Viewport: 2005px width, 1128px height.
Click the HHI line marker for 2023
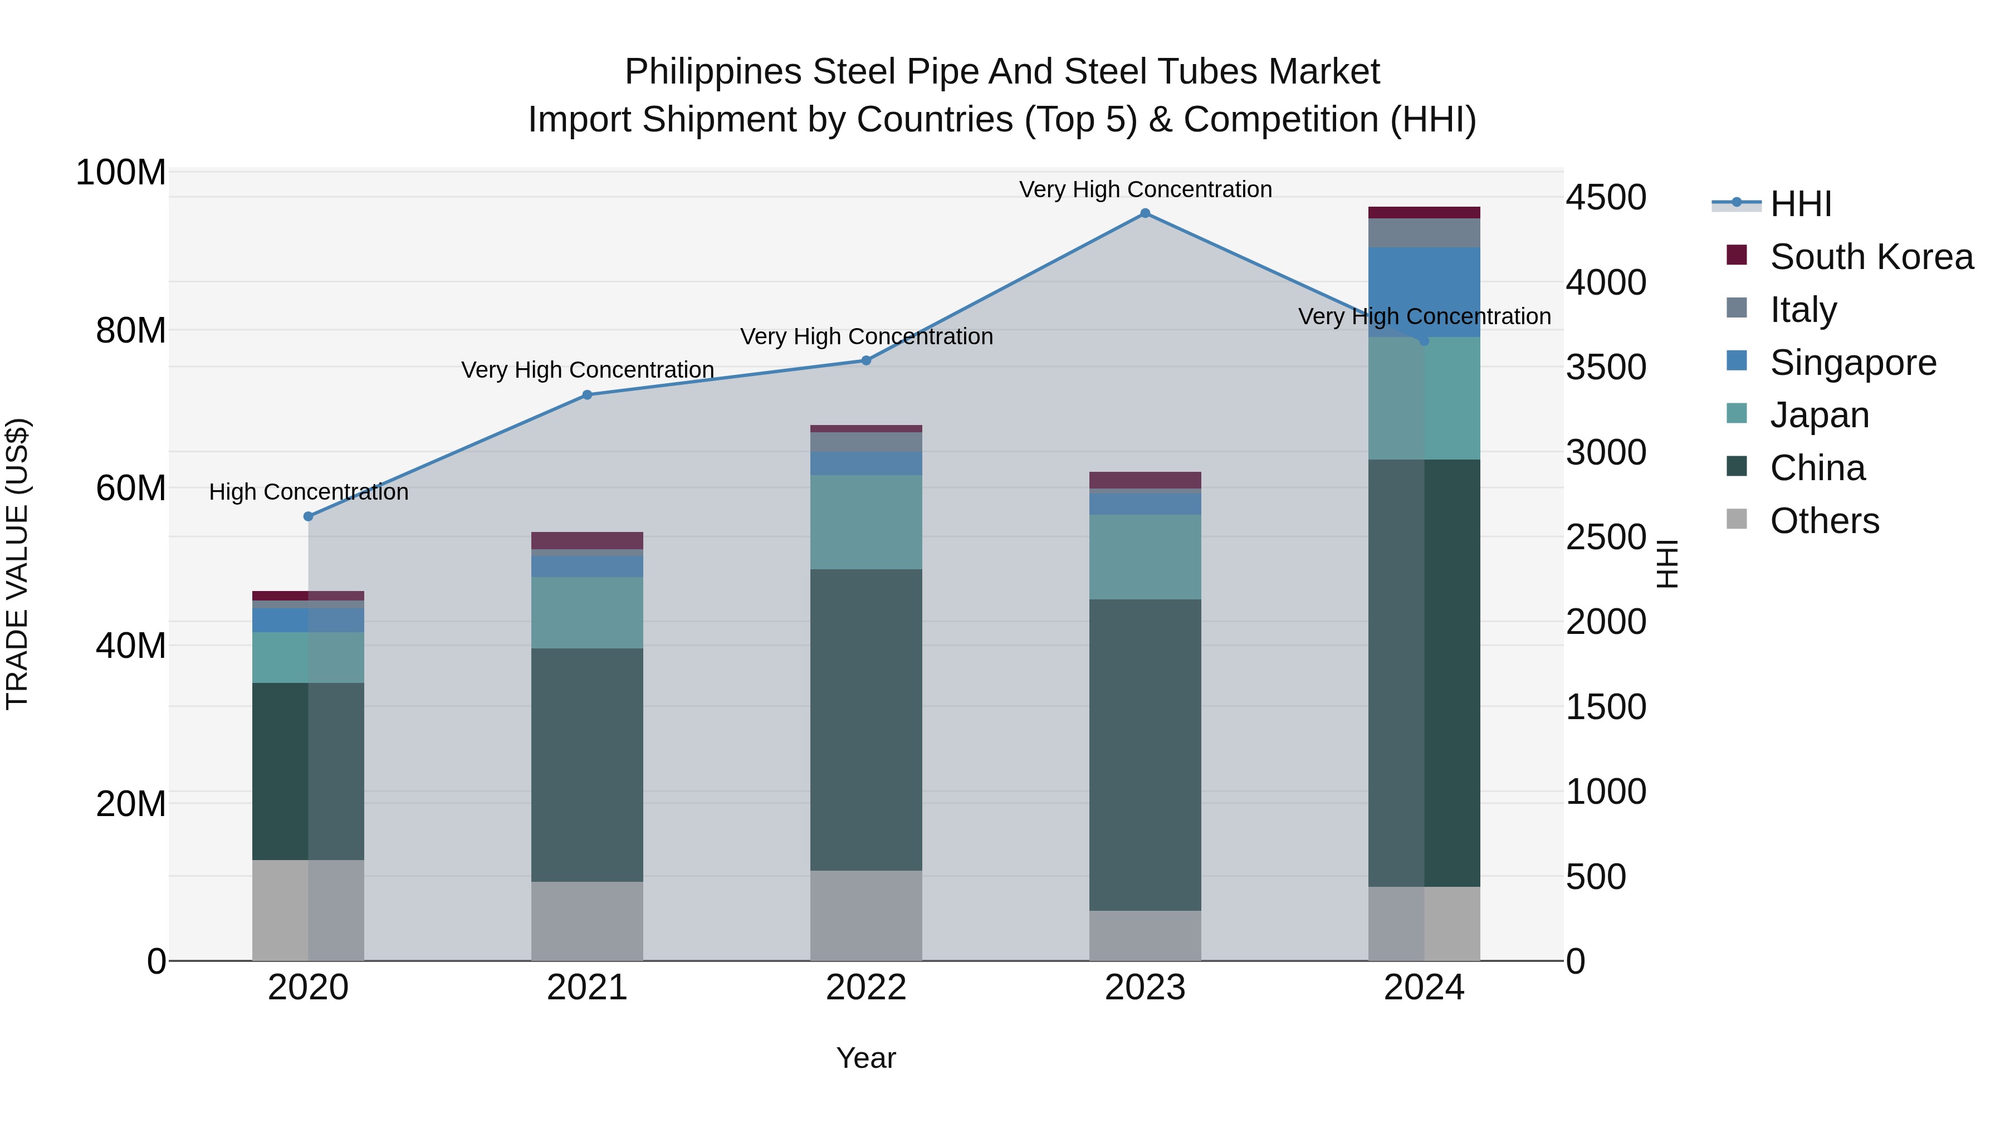click(x=1145, y=213)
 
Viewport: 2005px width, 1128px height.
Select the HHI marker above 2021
click(x=587, y=395)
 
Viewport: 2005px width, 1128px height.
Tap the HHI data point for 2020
click(x=308, y=516)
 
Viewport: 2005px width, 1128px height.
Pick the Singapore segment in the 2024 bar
click(x=1424, y=292)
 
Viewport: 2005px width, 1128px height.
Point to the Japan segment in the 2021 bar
click(x=587, y=613)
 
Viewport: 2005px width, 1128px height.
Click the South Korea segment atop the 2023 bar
click(x=1145, y=480)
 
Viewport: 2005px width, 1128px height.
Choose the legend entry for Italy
click(x=1803, y=310)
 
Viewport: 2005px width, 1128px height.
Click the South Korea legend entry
click(x=1871, y=257)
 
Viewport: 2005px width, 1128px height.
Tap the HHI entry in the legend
click(x=1800, y=204)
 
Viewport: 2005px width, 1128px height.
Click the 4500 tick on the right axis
click(x=1606, y=198)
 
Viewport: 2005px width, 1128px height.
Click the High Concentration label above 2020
click(x=308, y=492)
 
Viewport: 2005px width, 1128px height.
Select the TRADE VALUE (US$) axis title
click(x=17, y=564)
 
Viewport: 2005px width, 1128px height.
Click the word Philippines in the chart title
click(x=713, y=72)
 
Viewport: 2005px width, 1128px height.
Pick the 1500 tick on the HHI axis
click(x=1606, y=707)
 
